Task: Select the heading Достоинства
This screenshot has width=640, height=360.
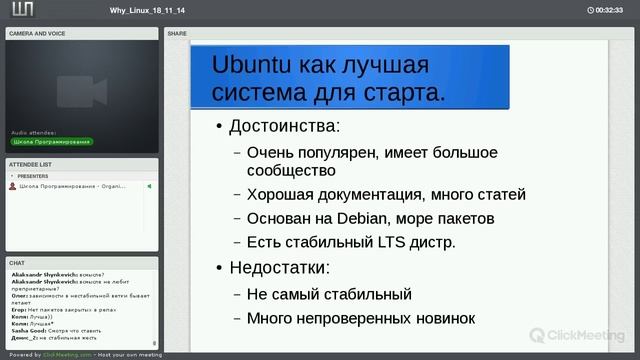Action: point(284,127)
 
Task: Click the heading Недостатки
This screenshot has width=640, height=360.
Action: point(279,268)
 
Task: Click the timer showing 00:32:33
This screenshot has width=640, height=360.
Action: point(608,10)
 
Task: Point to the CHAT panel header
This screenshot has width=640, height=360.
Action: point(17,263)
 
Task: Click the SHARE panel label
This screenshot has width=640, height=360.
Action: point(177,33)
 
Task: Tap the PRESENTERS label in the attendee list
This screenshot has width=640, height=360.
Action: point(33,175)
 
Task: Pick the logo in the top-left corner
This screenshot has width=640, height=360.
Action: point(19,10)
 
